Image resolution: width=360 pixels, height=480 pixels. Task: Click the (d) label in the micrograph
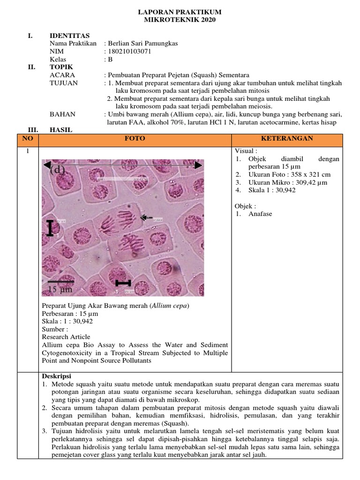[57, 170]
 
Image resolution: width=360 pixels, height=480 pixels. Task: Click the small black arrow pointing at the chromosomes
[146, 217]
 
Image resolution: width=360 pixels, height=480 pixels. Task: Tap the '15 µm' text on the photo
[60, 290]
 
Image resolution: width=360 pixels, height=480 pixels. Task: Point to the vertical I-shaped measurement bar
[50, 228]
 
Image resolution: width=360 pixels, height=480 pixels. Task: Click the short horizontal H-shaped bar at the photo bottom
[123, 283]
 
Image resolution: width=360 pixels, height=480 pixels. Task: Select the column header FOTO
[135, 139]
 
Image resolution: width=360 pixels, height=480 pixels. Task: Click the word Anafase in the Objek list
[260, 214]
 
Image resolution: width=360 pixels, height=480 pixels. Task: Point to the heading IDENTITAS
[70, 36]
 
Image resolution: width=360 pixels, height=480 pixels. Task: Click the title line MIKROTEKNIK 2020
[180, 20]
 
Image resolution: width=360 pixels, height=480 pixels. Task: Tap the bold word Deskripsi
[57, 376]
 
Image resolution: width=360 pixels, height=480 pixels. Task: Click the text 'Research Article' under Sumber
[66, 337]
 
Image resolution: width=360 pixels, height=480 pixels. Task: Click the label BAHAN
[62, 114]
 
